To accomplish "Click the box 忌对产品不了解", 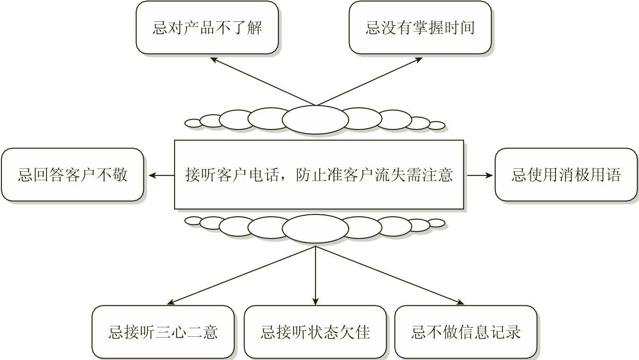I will point(207,28).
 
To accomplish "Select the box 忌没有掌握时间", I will point(420,28).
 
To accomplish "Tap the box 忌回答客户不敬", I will point(72,175).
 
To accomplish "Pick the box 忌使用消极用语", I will point(566,175).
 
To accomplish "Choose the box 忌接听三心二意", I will point(163,332).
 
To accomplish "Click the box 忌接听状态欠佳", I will point(315,332).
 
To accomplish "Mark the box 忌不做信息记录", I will point(466,332).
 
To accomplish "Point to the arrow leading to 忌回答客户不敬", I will point(161,175).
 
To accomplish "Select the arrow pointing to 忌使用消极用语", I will point(480,175).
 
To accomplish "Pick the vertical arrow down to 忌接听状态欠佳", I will point(315,275).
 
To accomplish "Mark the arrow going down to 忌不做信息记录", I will point(389,275).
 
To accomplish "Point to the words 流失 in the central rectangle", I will point(387,175).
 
